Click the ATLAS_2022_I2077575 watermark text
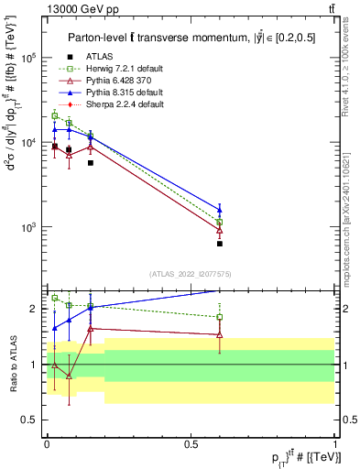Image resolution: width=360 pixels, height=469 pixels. click(190, 273)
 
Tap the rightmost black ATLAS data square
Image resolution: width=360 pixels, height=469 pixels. click(220, 244)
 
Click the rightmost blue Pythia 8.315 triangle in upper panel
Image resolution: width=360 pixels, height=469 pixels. click(220, 210)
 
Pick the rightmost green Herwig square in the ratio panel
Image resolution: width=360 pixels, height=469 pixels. click(220, 317)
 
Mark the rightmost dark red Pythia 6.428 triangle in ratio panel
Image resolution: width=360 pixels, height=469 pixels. click(220, 335)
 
